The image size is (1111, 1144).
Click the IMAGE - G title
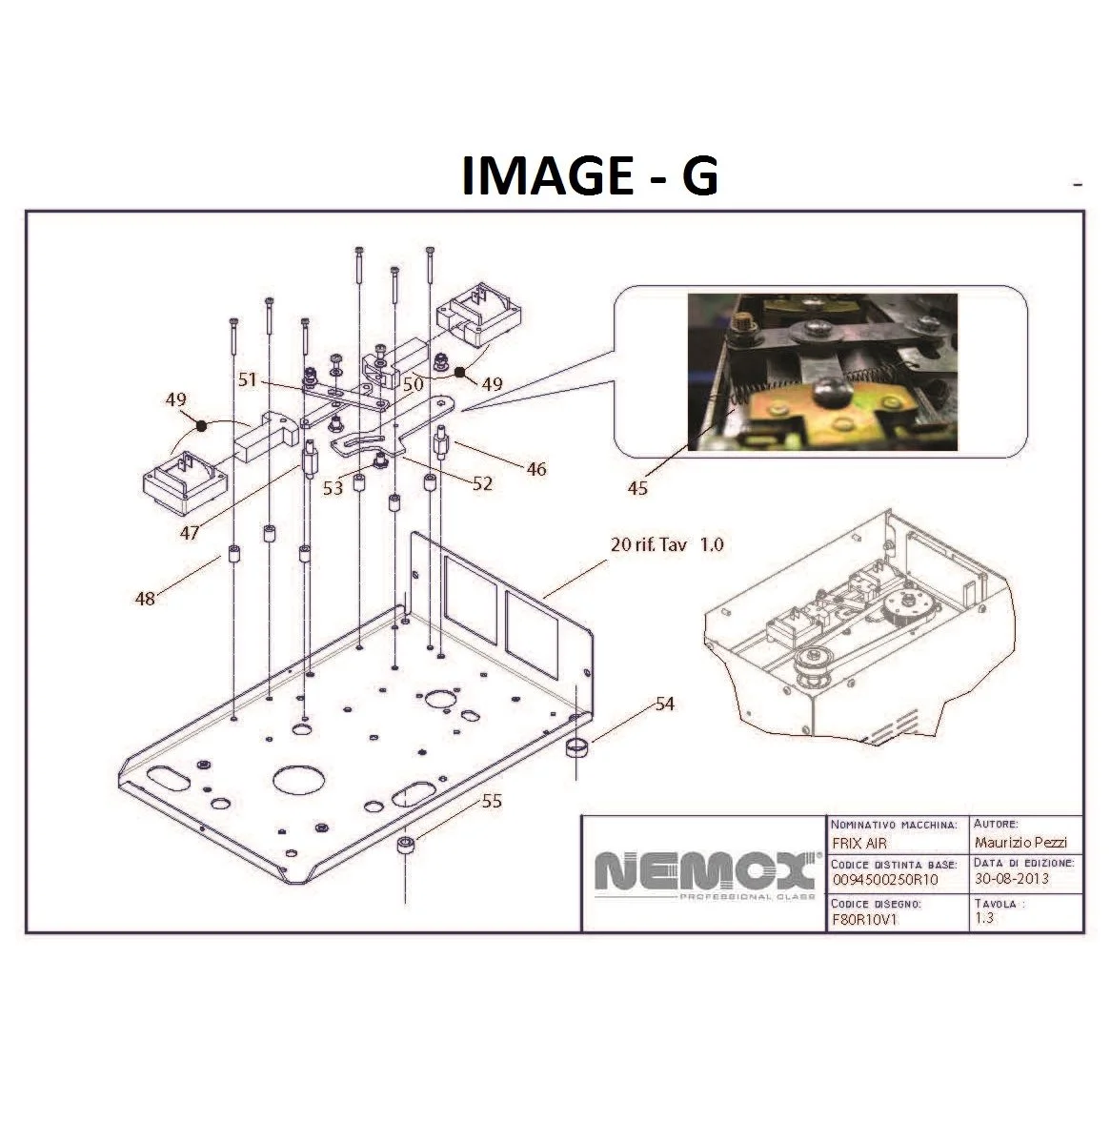pyautogui.click(x=589, y=175)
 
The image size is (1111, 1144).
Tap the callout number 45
pyautogui.click(x=637, y=487)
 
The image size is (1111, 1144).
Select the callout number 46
pyautogui.click(x=535, y=468)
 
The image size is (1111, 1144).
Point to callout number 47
pyautogui.click(x=190, y=533)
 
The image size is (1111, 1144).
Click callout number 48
pyautogui.click(x=145, y=599)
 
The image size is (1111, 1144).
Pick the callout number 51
pyautogui.click(x=248, y=379)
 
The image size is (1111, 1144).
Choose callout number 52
pyautogui.click(x=482, y=483)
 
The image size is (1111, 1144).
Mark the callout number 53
pyautogui.click(x=333, y=487)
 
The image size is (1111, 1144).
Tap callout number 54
pyautogui.click(x=664, y=704)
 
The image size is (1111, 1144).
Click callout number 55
pyautogui.click(x=492, y=801)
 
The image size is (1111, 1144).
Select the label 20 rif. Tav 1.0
pyautogui.click(x=667, y=544)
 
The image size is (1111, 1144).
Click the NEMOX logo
pyautogui.click(x=705, y=874)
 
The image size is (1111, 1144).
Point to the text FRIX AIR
pyautogui.click(x=858, y=843)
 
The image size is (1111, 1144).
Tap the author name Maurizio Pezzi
pyautogui.click(x=1020, y=842)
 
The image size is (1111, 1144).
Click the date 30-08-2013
pyautogui.click(x=1011, y=878)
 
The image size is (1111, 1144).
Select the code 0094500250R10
pyautogui.click(x=885, y=880)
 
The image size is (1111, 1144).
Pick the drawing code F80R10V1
pyautogui.click(x=864, y=919)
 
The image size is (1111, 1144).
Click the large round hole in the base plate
pyautogui.click(x=298, y=778)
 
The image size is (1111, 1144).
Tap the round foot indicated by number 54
pyautogui.click(x=576, y=749)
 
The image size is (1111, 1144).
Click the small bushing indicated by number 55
pyautogui.click(x=406, y=847)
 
